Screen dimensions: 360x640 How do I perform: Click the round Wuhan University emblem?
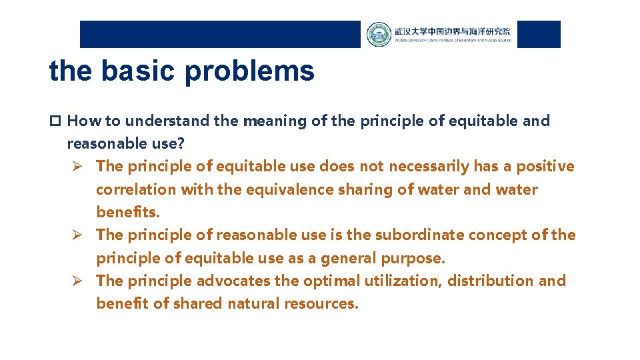click(379, 34)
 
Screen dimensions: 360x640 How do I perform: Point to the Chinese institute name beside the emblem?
click(452, 31)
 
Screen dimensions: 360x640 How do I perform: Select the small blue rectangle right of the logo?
click(539, 34)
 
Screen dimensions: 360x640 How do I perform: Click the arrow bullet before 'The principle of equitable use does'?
click(77, 167)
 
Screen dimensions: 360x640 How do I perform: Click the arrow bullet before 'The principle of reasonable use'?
click(77, 235)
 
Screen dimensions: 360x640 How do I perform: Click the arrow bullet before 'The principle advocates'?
click(77, 281)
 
